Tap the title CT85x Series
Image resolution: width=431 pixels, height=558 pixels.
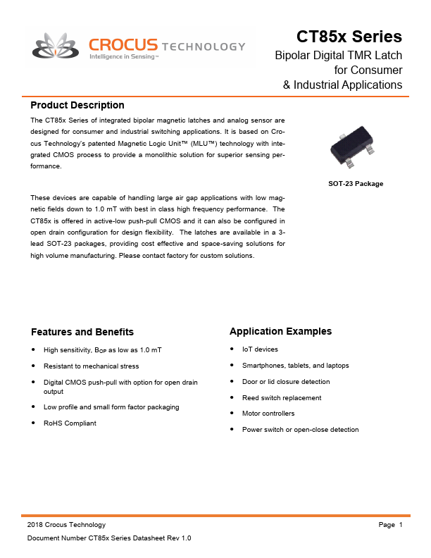(349, 37)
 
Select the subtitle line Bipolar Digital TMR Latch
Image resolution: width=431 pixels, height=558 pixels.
(338, 55)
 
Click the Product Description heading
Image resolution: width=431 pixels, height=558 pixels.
(77, 105)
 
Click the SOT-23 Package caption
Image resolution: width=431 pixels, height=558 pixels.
(356, 184)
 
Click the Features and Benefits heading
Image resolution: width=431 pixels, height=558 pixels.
(82, 332)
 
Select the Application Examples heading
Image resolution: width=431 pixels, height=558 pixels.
(280, 331)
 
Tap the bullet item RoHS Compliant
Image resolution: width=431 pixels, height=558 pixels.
(70, 423)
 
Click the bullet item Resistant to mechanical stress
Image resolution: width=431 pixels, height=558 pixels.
(91, 366)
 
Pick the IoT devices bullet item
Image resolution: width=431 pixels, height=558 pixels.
(260, 349)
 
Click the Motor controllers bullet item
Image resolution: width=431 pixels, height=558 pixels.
(268, 414)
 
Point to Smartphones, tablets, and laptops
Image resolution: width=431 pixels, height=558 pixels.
(295, 366)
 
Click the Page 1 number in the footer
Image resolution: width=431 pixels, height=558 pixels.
(390, 525)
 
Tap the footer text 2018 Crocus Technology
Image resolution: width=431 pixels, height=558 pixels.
(66, 525)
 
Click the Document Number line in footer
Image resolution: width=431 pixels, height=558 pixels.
(109, 538)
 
